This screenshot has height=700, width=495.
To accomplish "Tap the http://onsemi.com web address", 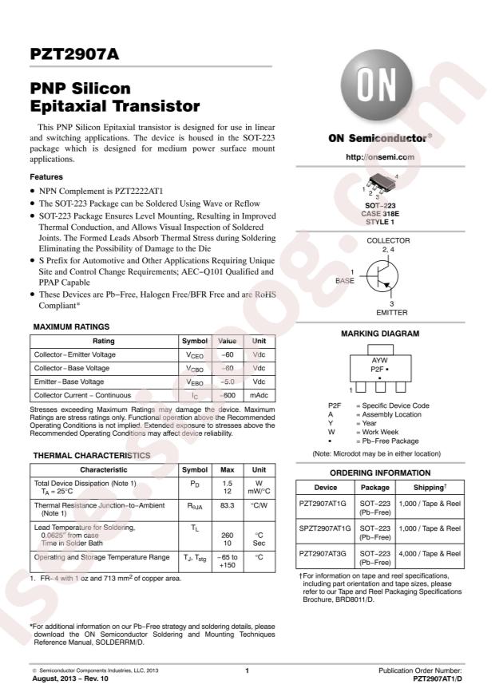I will click(379, 157).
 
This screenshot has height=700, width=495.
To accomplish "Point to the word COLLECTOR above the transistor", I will click(388, 240).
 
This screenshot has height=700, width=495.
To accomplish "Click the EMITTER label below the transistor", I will click(391, 313).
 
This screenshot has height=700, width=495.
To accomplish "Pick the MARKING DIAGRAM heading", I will click(379, 334).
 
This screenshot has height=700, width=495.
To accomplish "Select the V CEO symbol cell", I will click(195, 354).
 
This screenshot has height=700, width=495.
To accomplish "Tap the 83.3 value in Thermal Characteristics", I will click(228, 506).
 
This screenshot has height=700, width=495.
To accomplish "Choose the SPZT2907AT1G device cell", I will click(324, 529).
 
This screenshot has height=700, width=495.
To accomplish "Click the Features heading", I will click(47, 176).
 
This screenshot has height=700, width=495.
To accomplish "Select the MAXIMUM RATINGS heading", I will click(71, 326).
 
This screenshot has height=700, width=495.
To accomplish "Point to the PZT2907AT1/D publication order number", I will click(438, 678).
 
